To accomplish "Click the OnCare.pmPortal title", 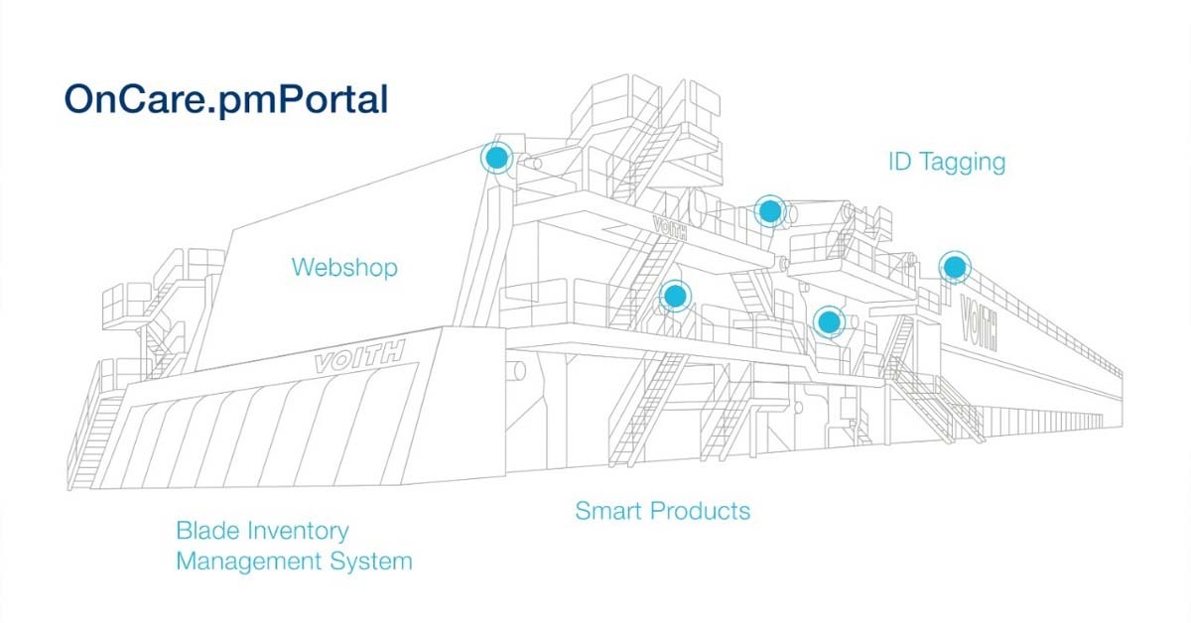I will (x=225, y=99).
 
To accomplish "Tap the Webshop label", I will (x=344, y=267).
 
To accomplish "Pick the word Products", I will (x=702, y=512).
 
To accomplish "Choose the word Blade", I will (x=206, y=531).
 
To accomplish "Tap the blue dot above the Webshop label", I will (x=496, y=157).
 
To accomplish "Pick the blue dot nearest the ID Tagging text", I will (x=955, y=266).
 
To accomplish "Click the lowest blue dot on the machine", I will (x=828, y=320).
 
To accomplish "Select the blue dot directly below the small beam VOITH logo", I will (x=675, y=295).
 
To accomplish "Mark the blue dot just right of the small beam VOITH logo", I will (x=768, y=210).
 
